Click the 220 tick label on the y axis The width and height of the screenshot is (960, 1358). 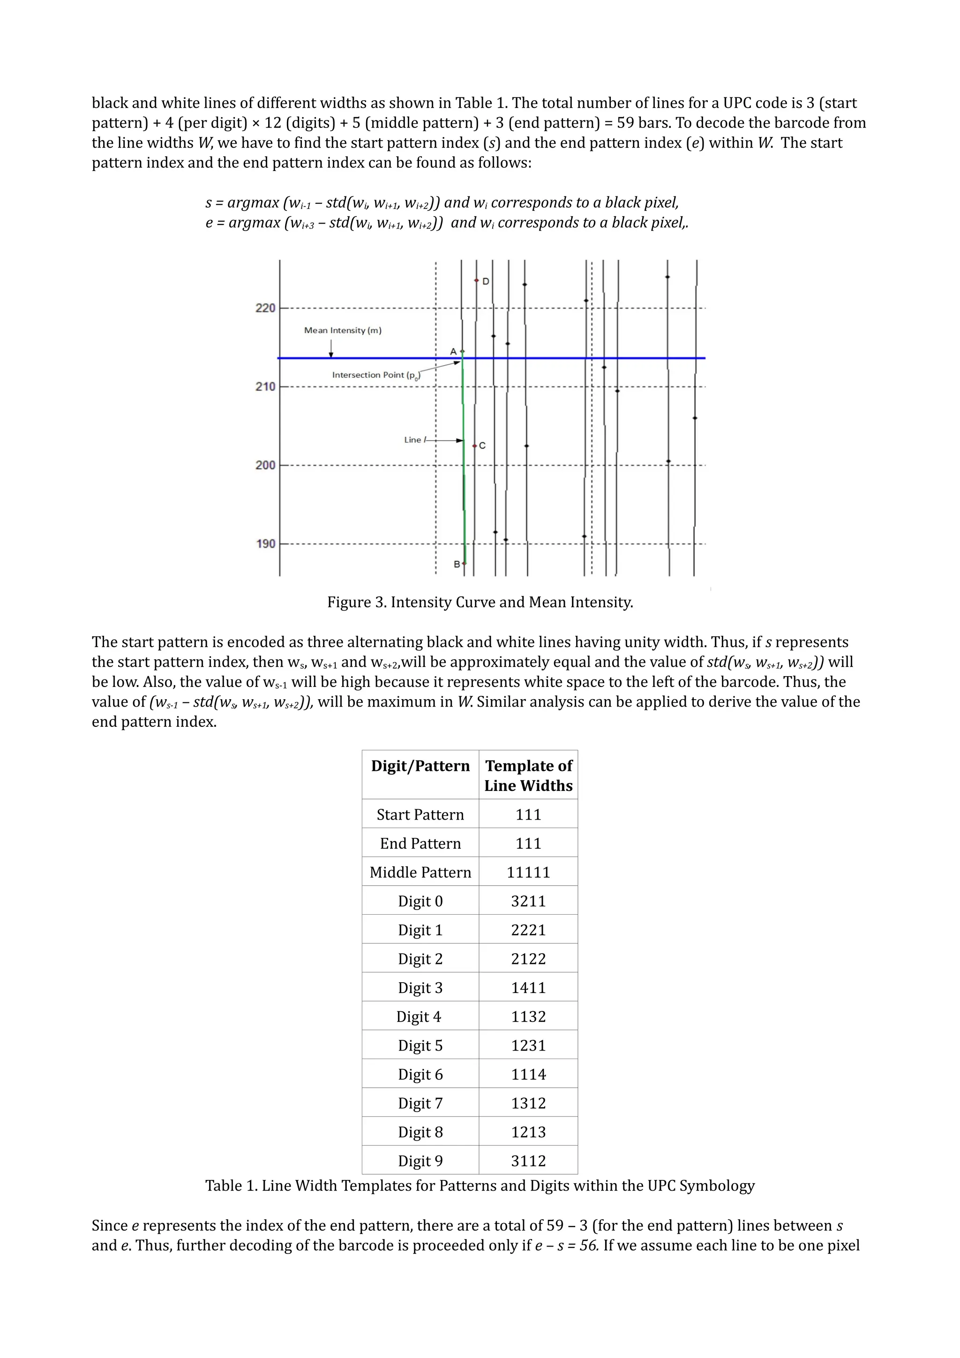point(265,308)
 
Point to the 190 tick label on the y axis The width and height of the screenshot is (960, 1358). point(265,544)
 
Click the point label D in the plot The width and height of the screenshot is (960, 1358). point(486,282)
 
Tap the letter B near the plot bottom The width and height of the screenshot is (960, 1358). point(457,564)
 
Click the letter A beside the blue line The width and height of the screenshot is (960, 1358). point(453,351)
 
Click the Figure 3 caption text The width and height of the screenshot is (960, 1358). point(480,602)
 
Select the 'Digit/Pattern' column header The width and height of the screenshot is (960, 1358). point(420,766)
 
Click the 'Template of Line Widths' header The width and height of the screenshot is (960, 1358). point(528,776)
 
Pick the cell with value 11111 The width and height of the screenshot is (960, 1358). point(528,873)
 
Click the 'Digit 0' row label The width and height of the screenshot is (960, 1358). point(420,902)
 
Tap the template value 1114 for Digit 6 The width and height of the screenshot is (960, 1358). point(528,1074)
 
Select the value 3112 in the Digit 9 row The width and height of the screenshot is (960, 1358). point(528,1161)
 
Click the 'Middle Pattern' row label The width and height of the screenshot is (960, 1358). point(420,873)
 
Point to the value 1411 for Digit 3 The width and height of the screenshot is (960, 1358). point(528,988)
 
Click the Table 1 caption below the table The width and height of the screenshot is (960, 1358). point(480,1186)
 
